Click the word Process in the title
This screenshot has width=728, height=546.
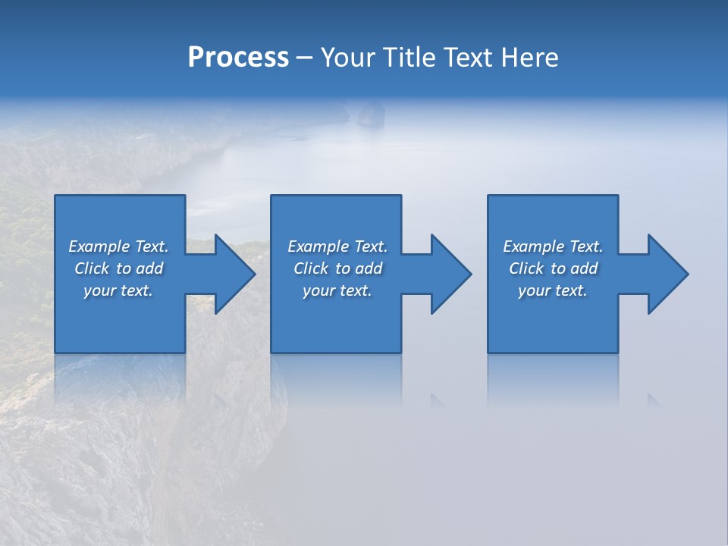point(238,58)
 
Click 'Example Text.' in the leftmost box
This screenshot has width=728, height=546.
point(118,246)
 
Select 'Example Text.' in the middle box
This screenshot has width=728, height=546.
point(337,246)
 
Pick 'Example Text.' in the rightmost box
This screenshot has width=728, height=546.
point(553,246)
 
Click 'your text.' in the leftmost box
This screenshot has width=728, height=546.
point(118,290)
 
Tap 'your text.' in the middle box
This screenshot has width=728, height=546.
point(337,290)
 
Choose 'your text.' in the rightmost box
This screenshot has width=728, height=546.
point(553,290)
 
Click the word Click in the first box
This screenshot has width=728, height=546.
point(92,268)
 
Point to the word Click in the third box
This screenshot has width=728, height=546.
point(526,268)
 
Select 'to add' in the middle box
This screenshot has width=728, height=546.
point(358,268)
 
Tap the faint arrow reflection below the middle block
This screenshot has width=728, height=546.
point(438,400)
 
